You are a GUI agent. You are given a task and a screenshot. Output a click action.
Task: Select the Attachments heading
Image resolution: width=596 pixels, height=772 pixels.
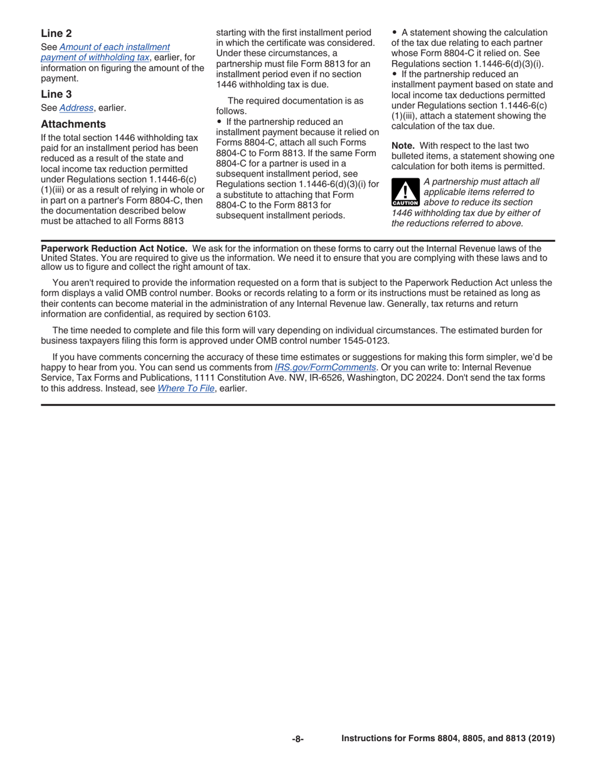click(73, 124)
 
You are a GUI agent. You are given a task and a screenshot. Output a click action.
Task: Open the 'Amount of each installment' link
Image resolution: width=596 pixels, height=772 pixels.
click(114, 47)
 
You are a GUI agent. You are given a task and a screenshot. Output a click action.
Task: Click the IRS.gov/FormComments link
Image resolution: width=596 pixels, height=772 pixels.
click(325, 367)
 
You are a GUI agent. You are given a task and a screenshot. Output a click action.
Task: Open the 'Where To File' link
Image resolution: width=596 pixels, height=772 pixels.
click(186, 388)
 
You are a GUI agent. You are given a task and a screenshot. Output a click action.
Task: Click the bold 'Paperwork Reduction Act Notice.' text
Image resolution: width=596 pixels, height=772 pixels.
click(114, 249)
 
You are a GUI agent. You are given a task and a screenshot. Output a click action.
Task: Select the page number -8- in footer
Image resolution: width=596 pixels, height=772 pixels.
click(297, 739)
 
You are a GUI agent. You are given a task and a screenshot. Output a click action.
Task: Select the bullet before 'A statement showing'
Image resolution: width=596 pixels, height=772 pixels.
click(395, 33)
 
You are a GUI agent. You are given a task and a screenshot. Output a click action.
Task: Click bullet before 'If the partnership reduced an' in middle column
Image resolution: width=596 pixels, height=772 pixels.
click(219, 121)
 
